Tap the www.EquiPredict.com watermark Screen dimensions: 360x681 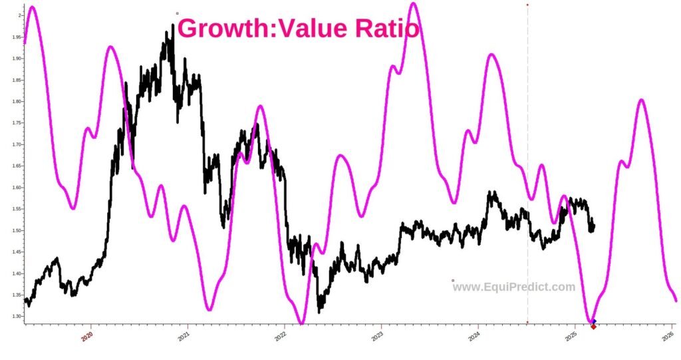(x=514, y=287)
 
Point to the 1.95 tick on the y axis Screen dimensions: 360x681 (x=14, y=37)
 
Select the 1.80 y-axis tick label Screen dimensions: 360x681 (x=14, y=101)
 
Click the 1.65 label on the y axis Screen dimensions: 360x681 (x=14, y=166)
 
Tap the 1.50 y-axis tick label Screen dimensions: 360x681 (x=14, y=230)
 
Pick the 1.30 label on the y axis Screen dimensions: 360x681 (x=14, y=316)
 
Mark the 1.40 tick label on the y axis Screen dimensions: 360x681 (x=14, y=273)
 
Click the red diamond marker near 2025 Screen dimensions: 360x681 (x=593, y=326)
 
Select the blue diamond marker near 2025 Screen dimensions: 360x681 (x=594, y=321)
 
